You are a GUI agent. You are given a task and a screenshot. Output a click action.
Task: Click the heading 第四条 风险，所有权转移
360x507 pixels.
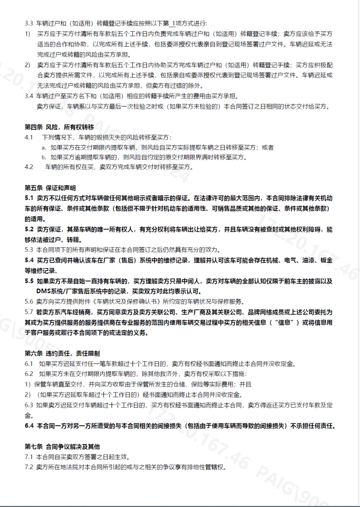tap(59, 127)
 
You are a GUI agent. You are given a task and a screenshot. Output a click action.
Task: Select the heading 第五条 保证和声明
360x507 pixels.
tap(50, 187)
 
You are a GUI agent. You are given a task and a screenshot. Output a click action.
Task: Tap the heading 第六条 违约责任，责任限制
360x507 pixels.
tap(62, 353)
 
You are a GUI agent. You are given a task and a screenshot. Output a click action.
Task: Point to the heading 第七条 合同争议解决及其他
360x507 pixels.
tap(62, 447)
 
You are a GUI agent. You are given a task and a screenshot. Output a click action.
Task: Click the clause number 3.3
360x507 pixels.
tap(29, 24)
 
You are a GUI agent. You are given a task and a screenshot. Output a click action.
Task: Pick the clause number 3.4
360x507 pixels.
tap(29, 96)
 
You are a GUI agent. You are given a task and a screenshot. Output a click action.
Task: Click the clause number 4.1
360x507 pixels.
tap(29, 137)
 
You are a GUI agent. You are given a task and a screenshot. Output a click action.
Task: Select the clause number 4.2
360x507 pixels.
tap(29, 167)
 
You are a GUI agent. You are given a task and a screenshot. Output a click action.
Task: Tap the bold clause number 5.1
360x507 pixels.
tap(29, 198)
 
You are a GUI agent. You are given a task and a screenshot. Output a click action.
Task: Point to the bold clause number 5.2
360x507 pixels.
tap(29, 229)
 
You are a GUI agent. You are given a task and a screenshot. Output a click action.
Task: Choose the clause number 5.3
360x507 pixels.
tap(29, 250)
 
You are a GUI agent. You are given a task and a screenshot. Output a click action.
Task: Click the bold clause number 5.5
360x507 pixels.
tap(29, 281)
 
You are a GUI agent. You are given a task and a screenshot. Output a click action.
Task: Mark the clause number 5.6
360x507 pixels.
tap(29, 301)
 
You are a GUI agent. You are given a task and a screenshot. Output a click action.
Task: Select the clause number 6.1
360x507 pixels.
tap(29, 363)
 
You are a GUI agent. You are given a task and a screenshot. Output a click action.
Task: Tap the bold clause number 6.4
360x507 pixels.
tap(29, 426)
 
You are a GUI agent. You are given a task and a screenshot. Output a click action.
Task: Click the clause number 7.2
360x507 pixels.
tap(29, 467)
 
